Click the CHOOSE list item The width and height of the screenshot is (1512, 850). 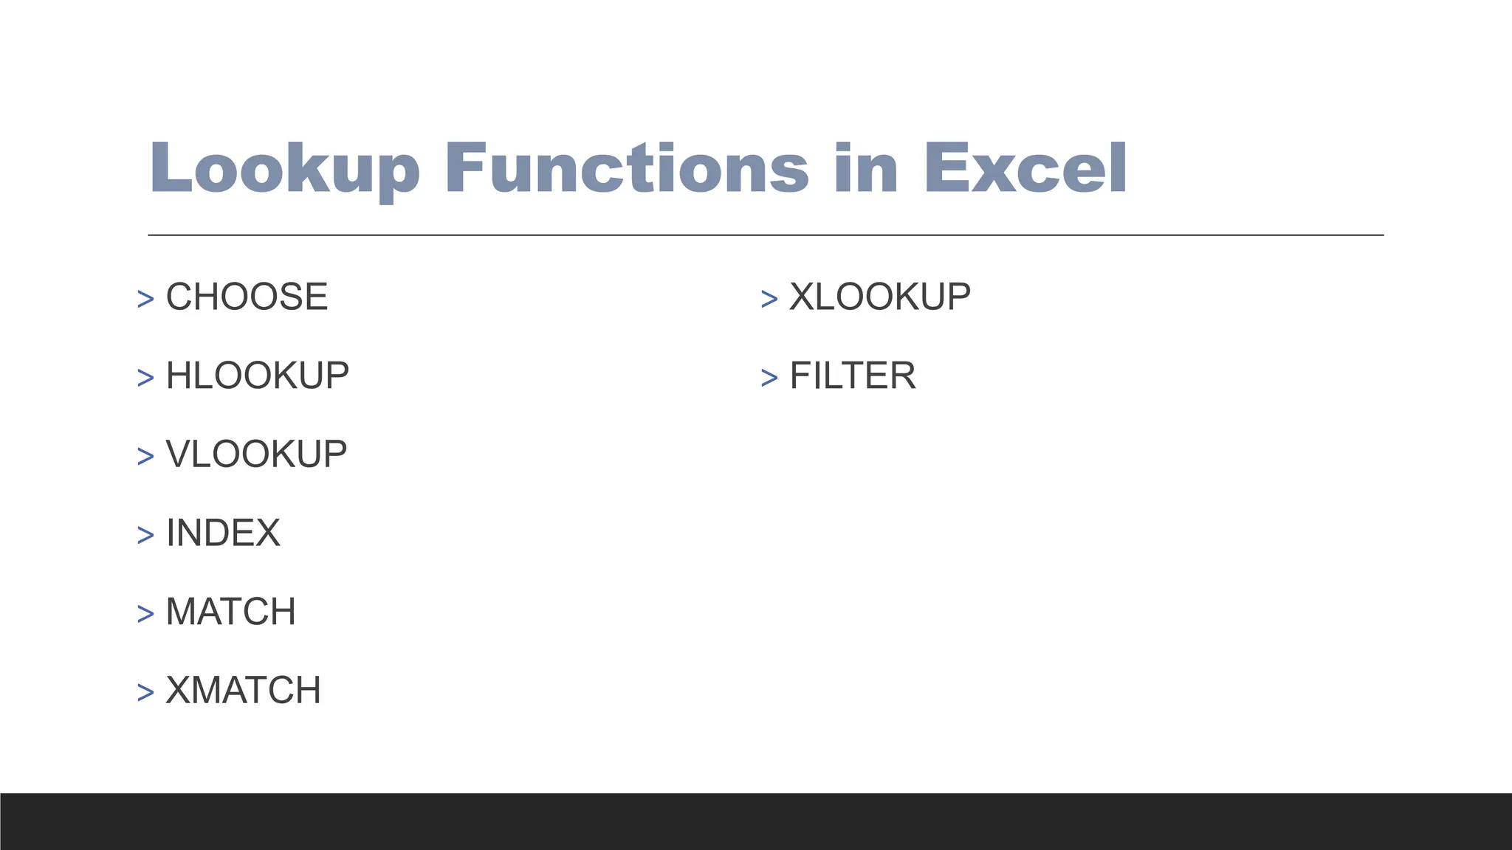(x=247, y=297)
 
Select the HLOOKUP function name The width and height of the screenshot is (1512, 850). (x=257, y=376)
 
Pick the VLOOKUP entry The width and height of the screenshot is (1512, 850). (x=256, y=454)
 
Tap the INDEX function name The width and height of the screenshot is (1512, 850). (x=223, y=533)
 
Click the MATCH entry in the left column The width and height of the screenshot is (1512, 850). (x=230, y=612)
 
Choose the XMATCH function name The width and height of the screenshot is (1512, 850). (x=243, y=691)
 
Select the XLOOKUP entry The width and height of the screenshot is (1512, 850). (x=880, y=297)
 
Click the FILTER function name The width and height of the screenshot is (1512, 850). (x=853, y=376)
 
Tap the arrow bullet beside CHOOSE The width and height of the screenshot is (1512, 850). (x=145, y=299)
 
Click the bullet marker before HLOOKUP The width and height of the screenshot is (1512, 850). (x=145, y=378)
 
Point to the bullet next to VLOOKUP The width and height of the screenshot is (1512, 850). (x=145, y=456)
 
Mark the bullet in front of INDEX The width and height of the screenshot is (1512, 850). (x=145, y=535)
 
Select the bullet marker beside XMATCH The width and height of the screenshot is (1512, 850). (x=145, y=693)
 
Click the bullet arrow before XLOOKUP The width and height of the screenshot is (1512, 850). (x=769, y=299)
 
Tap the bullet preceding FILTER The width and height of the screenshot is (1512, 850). (x=769, y=378)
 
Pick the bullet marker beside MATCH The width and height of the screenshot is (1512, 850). (x=145, y=614)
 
